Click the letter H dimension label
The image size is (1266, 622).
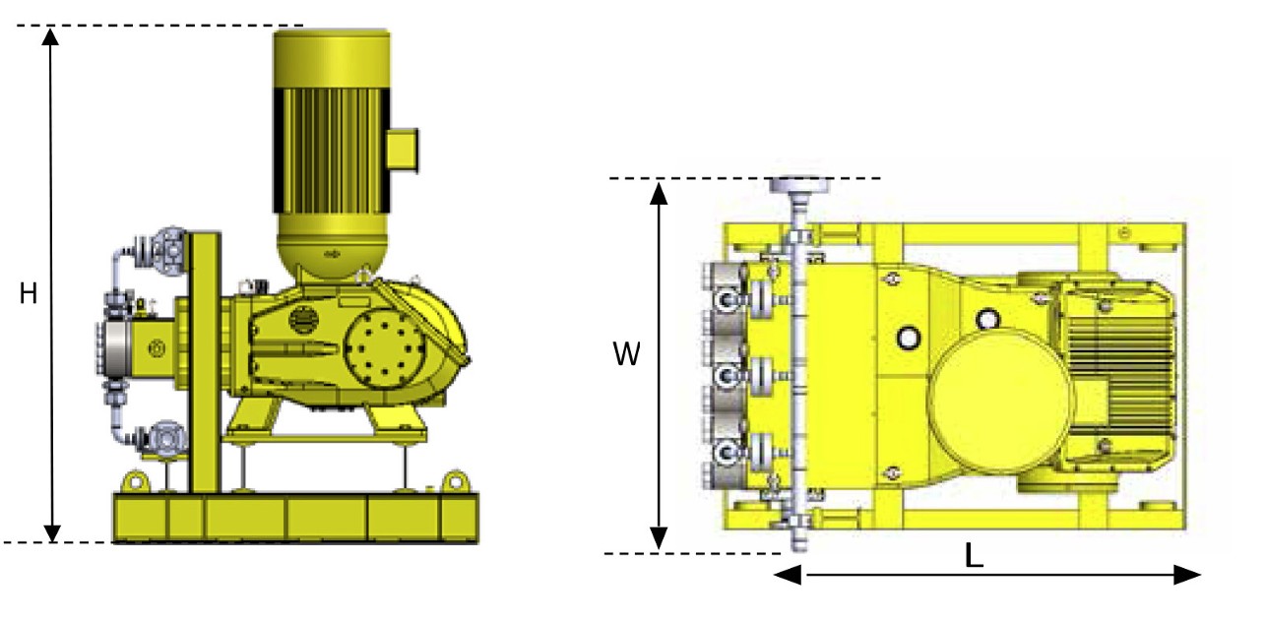[29, 293]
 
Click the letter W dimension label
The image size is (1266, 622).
[627, 354]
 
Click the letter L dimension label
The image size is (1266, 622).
[974, 556]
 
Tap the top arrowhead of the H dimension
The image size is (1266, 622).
[51, 36]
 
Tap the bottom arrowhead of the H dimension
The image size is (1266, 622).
[52, 533]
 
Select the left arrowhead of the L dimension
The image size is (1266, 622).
[788, 575]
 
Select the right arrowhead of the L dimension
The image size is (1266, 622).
[1187, 575]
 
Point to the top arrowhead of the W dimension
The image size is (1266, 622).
[659, 193]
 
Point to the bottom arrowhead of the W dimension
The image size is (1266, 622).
[659, 537]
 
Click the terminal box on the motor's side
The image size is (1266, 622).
[403, 151]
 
